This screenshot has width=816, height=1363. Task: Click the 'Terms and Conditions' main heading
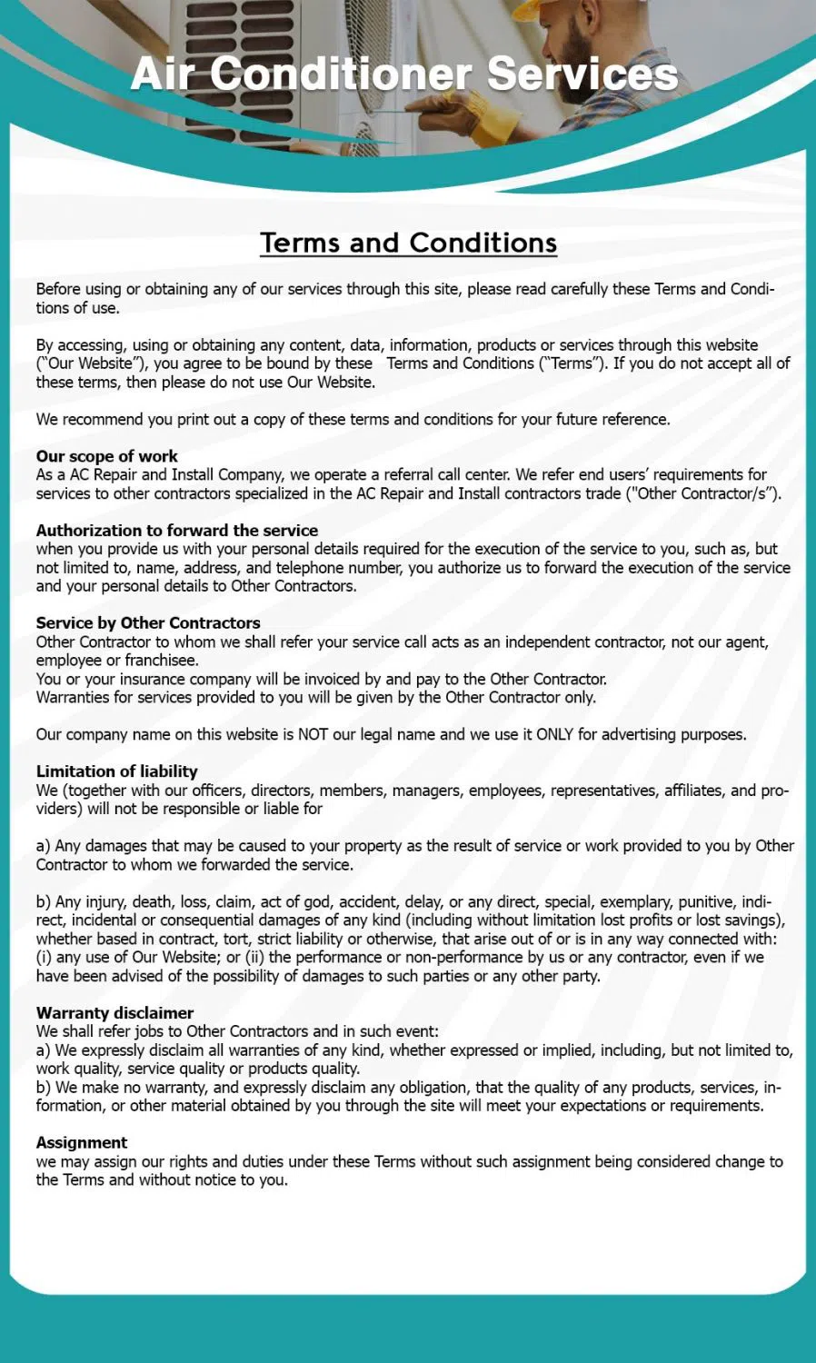pos(408,243)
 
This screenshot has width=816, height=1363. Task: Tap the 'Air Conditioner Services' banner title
pos(404,74)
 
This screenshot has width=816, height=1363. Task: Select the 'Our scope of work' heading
pos(106,456)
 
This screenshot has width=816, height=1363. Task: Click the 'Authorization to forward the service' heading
pos(177,531)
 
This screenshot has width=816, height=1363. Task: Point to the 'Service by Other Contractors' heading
pos(148,623)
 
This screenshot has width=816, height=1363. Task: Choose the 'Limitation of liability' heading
pos(116,771)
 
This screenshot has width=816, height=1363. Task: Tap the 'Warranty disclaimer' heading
pos(114,1013)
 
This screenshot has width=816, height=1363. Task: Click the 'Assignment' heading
pos(82,1143)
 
